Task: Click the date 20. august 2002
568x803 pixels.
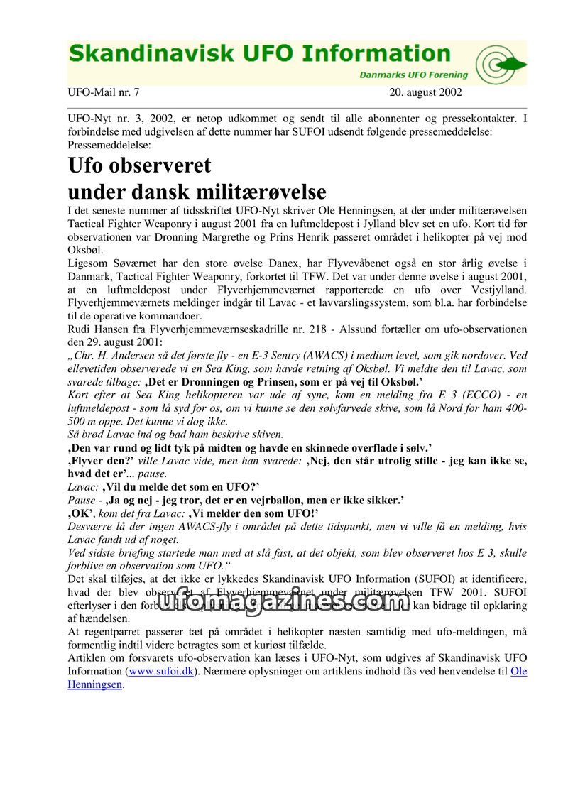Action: click(425, 92)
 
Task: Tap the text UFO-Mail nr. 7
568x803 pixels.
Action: click(104, 92)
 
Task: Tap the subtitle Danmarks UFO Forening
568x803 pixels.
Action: click(413, 75)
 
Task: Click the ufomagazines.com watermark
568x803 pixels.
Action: click(284, 602)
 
